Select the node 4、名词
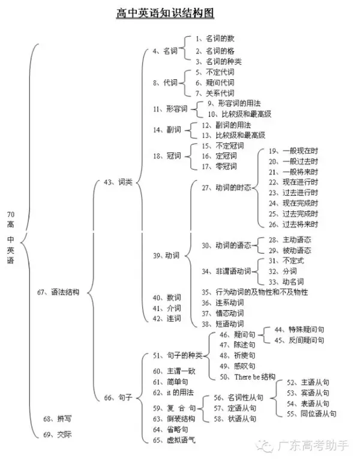165,52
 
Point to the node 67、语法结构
58,292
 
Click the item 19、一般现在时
293,151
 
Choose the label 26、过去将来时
293,224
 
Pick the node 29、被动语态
289,250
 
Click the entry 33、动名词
286,281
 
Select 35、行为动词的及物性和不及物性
254,292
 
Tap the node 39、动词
166,255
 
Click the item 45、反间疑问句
298,340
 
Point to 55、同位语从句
311,414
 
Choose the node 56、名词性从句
238,397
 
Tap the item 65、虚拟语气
173,440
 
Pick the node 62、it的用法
173,392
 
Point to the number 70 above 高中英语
11,214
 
